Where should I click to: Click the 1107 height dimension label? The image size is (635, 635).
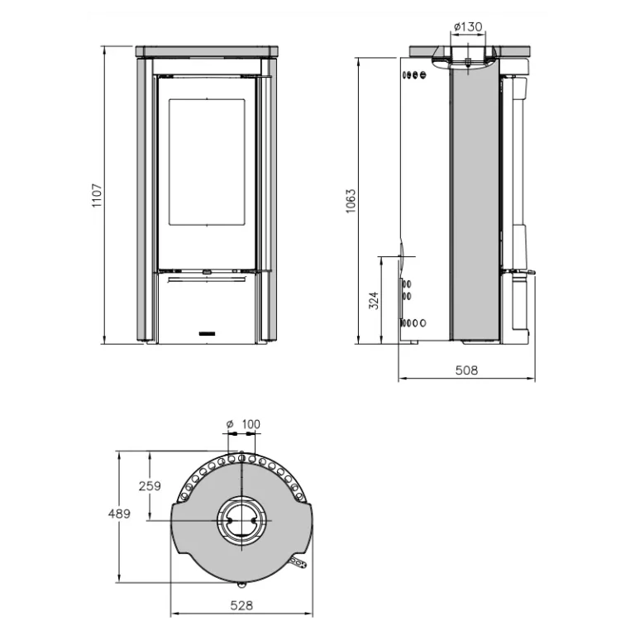coord(98,196)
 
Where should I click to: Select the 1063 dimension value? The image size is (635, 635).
coord(351,201)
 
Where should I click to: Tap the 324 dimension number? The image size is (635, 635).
coord(375,300)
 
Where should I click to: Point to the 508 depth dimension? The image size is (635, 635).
coord(466,370)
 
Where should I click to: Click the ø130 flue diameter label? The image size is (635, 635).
coord(468,26)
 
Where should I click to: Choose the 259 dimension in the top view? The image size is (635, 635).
coord(150,485)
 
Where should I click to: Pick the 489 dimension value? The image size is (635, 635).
coord(119,513)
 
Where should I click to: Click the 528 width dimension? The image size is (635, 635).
coord(241,605)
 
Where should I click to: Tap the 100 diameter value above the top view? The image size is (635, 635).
coord(251,424)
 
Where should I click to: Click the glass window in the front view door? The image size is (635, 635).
coord(207,161)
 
